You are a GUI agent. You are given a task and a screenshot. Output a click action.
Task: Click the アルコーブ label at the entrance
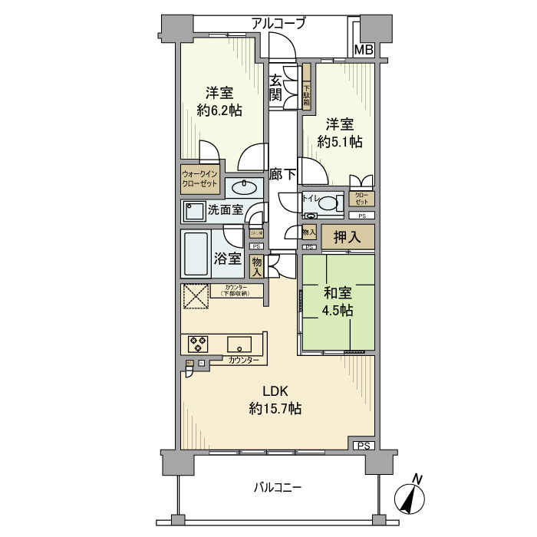pyautogui.click(x=278, y=24)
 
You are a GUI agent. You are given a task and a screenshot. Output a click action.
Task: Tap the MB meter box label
pyautogui.click(x=363, y=51)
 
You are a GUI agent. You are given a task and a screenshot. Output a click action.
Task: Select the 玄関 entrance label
pyautogui.click(x=275, y=88)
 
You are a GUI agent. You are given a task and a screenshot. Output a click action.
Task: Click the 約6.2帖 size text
pyautogui.click(x=219, y=110)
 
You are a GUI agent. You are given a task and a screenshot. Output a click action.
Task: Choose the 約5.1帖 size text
pyautogui.click(x=340, y=142)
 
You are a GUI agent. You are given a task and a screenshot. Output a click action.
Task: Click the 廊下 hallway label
pyautogui.click(x=282, y=175)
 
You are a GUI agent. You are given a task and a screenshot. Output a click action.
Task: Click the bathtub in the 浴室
pyautogui.click(x=196, y=254)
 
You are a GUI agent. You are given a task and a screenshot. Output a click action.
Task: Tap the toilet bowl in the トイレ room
pyautogui.click(x=331, y=203)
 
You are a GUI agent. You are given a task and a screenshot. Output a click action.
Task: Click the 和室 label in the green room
pyautogui.click(x=337, y=292)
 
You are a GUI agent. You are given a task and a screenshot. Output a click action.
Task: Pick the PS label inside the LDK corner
pyautogui.click(x=363, y=446)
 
